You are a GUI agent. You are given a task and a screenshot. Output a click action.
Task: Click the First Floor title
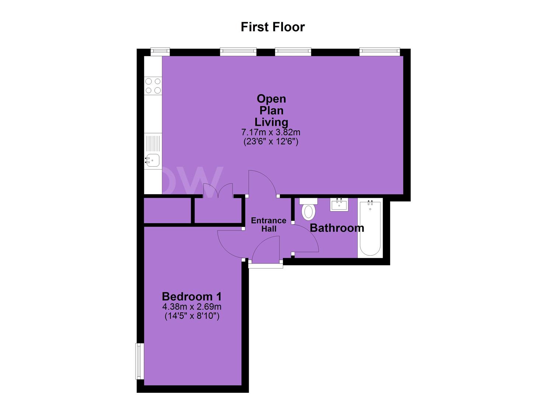273,27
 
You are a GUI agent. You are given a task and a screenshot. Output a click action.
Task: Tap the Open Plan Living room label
271,111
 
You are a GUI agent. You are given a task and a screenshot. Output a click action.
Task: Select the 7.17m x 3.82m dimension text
271,132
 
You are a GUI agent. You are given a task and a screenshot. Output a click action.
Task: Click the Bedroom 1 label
192,297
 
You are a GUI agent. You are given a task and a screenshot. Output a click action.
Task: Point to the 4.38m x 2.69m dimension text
192,306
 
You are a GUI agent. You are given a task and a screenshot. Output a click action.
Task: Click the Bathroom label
337,228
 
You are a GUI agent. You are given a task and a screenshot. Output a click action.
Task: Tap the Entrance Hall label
269,224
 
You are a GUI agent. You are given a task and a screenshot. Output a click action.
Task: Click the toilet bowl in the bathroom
309,212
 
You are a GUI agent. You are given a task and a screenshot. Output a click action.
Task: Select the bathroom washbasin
339,204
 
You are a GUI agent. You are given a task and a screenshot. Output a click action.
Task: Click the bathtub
370,228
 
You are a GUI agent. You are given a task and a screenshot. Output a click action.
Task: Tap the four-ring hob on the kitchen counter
153,86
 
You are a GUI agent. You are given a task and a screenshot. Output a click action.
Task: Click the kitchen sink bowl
152,161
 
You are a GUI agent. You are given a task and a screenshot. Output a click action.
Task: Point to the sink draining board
153,144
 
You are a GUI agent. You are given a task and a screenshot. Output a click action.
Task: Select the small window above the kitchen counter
160,51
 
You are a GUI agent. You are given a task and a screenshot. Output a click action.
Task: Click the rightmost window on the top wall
380,51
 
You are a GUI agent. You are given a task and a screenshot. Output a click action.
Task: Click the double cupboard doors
218,191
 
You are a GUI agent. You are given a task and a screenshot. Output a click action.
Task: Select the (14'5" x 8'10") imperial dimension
192,317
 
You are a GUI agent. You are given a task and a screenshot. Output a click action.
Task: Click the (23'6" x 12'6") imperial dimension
271,142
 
